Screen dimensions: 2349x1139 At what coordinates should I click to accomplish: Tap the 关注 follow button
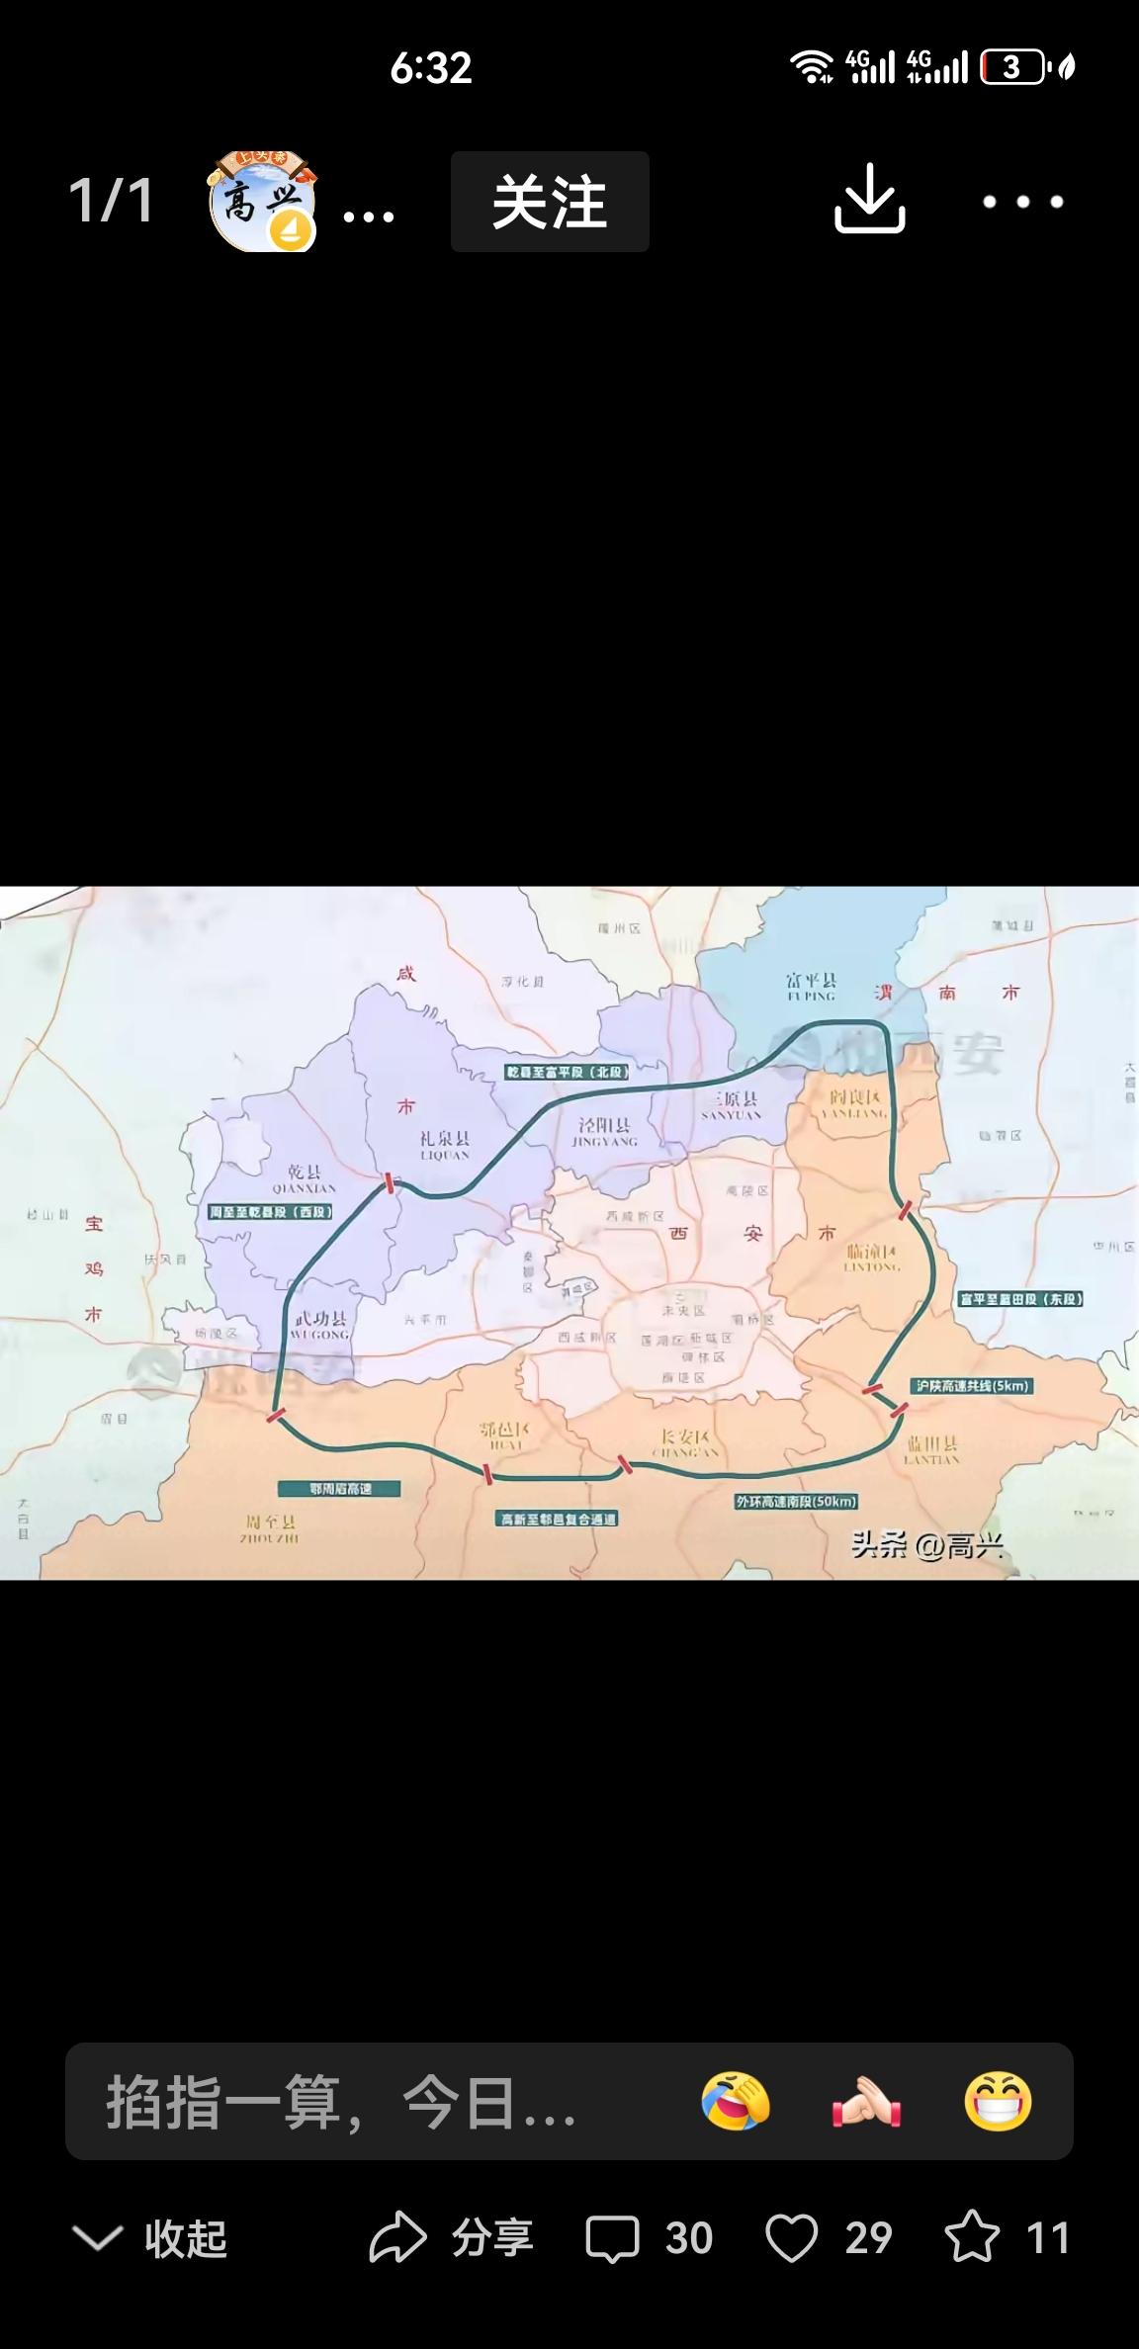[x=550, y=202]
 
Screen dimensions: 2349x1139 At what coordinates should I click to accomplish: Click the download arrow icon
[x=869, y=200]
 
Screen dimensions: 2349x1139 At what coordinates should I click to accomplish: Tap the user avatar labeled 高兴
[x=262, y=202]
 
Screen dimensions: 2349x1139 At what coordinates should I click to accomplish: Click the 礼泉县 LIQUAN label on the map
[x=444, y=1146]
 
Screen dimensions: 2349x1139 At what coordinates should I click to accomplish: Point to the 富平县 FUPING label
[x=811, y=987]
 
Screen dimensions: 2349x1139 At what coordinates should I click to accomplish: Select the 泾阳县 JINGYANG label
[x=604, y=1132]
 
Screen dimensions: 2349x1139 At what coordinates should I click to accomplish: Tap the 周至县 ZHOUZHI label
[x=270, y=1528]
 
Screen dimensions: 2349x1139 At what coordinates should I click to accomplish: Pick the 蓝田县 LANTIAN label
[x=930, y=1450]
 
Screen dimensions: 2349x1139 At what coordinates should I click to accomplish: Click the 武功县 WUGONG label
[x=320, y=1326]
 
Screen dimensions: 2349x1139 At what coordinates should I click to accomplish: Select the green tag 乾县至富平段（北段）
[x=568, y=1072]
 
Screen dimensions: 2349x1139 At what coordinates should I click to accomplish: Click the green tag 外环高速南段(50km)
[x=796, y=1501]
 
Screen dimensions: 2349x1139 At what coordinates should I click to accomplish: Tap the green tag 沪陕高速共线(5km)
[x=973, y=1385]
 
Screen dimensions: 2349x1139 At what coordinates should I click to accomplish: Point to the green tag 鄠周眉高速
[x=340, y=1488]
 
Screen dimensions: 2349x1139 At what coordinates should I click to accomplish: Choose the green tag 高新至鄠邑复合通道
[x=557, y=1519]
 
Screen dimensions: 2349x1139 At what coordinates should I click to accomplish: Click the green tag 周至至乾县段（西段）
[x=271, y=1211]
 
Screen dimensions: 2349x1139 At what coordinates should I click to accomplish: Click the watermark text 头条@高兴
[x=926, y=1544]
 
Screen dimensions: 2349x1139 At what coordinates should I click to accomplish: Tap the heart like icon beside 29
[x=792, y=2238]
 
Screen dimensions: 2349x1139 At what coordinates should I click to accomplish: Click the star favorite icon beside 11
[x=971, y=2238]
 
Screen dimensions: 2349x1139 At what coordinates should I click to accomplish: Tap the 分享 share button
[x=451, y=2238]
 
